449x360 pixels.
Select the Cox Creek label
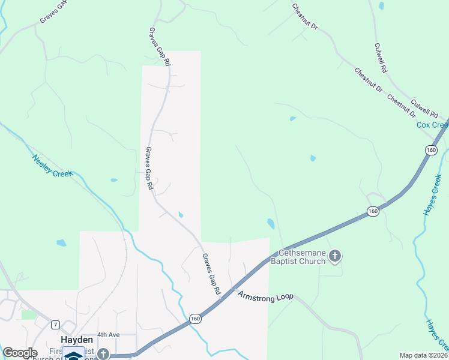click(x=432, y=125)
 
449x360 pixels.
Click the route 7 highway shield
click(x=55, y=325)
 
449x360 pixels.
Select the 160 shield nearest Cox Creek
click(x=430, y=150)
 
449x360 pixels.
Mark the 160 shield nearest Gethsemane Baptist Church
click(x=373, y=211)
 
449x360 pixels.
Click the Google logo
click(x=20, y=353)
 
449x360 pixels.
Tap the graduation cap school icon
click(x=73, y=355)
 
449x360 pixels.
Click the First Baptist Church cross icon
click(x=103, y=354)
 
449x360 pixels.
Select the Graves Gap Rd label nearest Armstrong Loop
click(x=211, y=274)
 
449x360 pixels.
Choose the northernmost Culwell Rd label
click(x=381, y=58)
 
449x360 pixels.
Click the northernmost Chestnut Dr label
click(x=304, y=18)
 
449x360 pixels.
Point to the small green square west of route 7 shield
click(x=28, y=314)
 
